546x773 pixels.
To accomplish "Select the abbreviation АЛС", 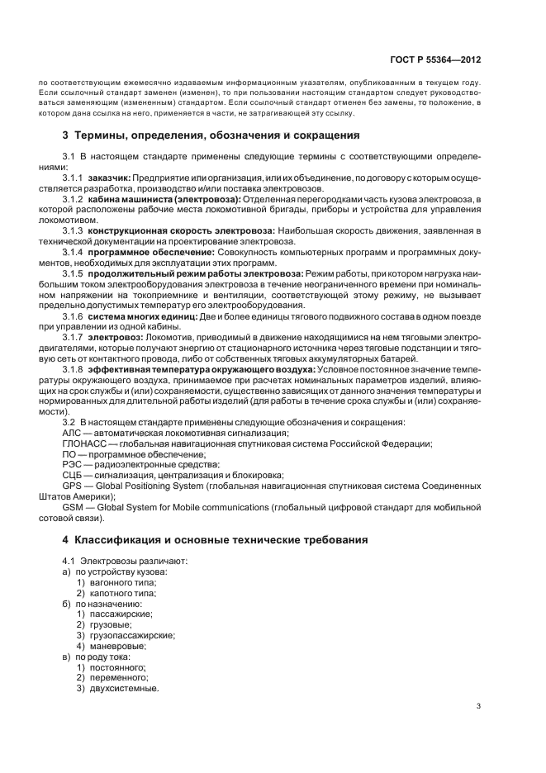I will click(x=73, y=432).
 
